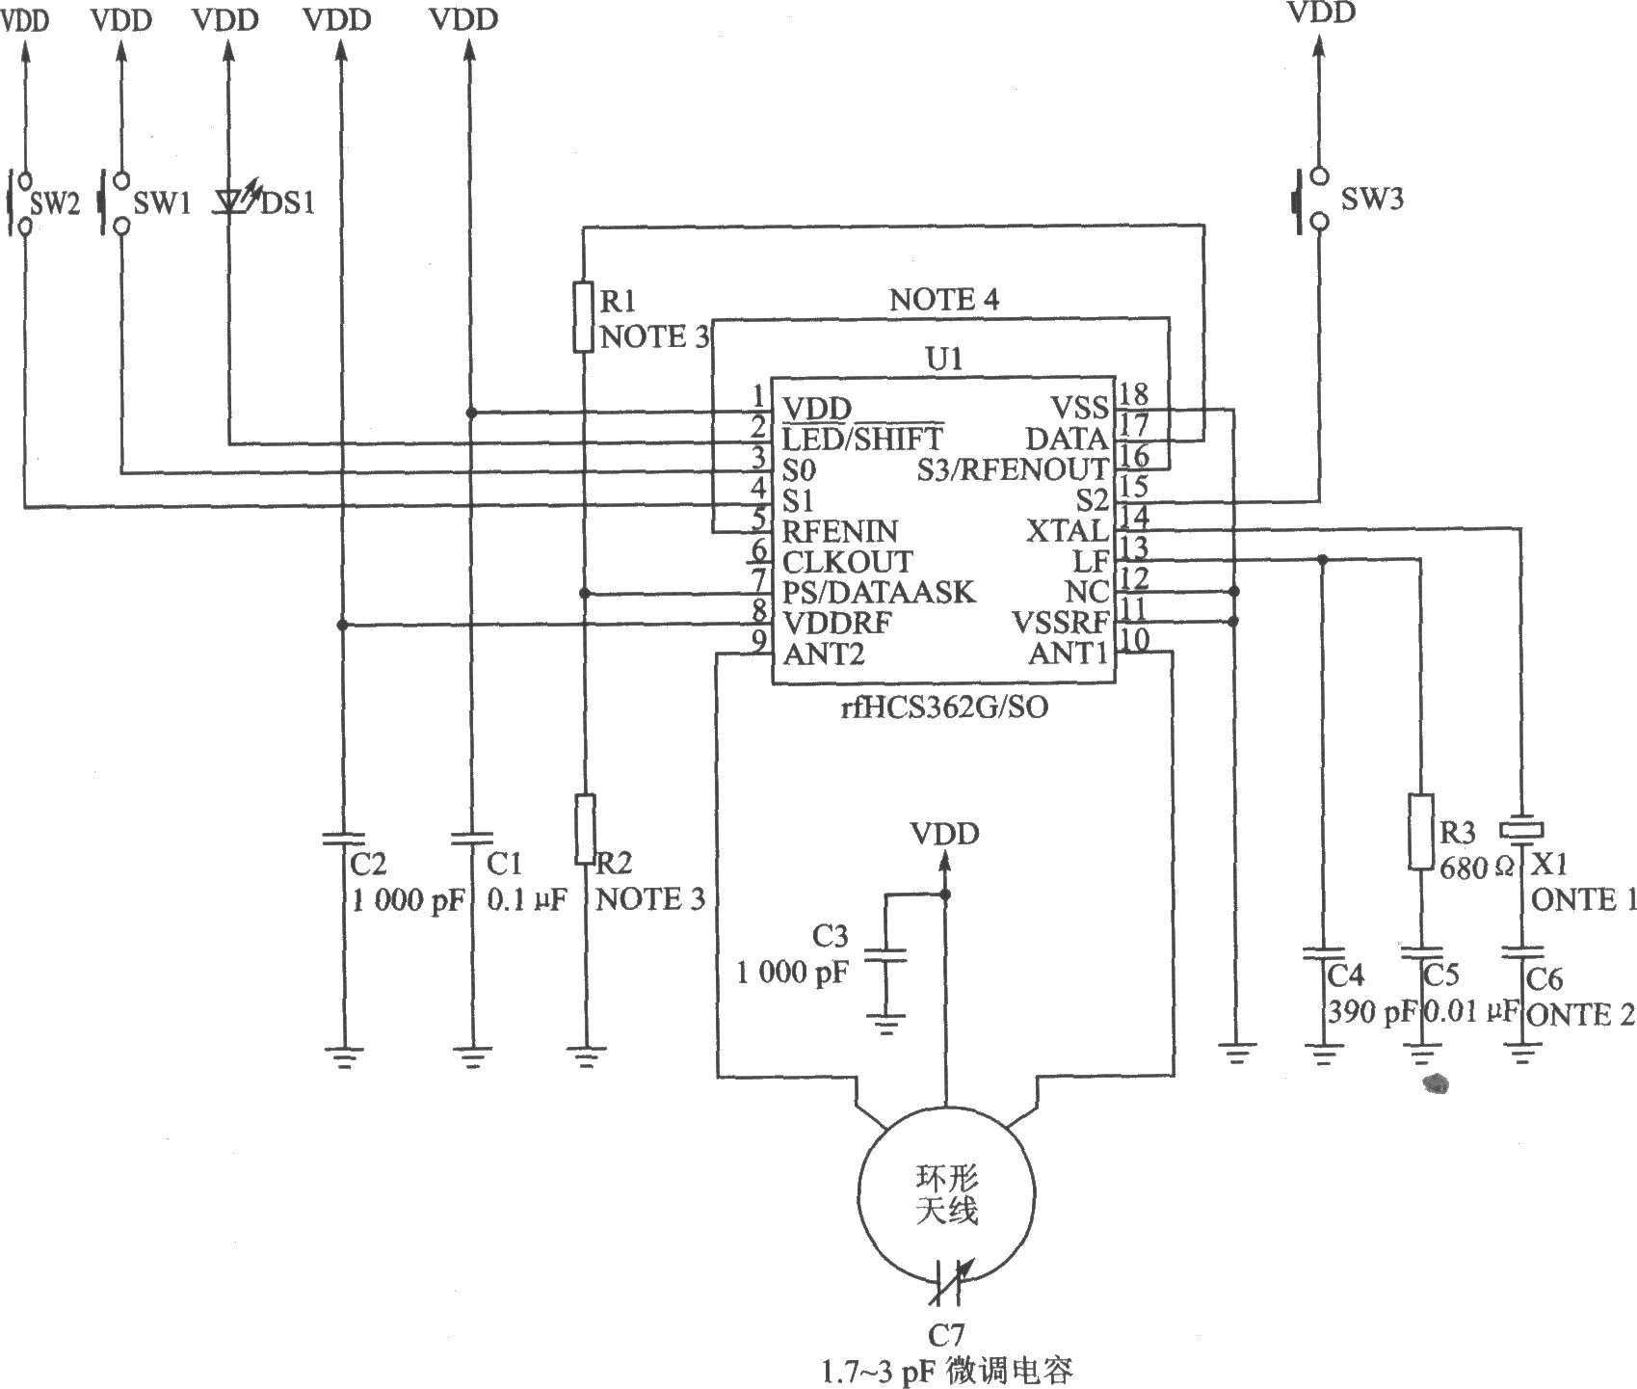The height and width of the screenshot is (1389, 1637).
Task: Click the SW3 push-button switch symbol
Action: click(x=1310, y=200)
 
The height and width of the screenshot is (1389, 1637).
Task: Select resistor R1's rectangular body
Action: click(x=583, y=316)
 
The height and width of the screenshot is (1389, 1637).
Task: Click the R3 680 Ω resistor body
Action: click(x=1421, y=831)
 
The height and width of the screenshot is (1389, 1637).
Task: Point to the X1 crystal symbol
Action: click(x=1521, y=829)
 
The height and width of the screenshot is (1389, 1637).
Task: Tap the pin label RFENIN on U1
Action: click(x=839, y=531)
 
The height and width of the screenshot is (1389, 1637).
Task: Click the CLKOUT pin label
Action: click(x=847, y=562)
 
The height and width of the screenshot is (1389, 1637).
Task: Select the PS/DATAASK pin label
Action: click(x=879, y=592)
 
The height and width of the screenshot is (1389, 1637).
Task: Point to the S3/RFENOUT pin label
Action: click(x=1013, y=469)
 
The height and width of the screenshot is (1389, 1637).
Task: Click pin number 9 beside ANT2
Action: click(x=759, y=640)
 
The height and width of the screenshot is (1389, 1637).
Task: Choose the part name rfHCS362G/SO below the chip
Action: click(x=943, y=708)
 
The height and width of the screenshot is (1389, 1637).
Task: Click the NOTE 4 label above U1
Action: click(x=944, y=300)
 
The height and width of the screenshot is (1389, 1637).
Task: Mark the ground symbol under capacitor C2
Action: click(x=343, y=1057)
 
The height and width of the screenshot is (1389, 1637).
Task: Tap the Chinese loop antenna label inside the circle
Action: click(x=946, y=1194)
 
